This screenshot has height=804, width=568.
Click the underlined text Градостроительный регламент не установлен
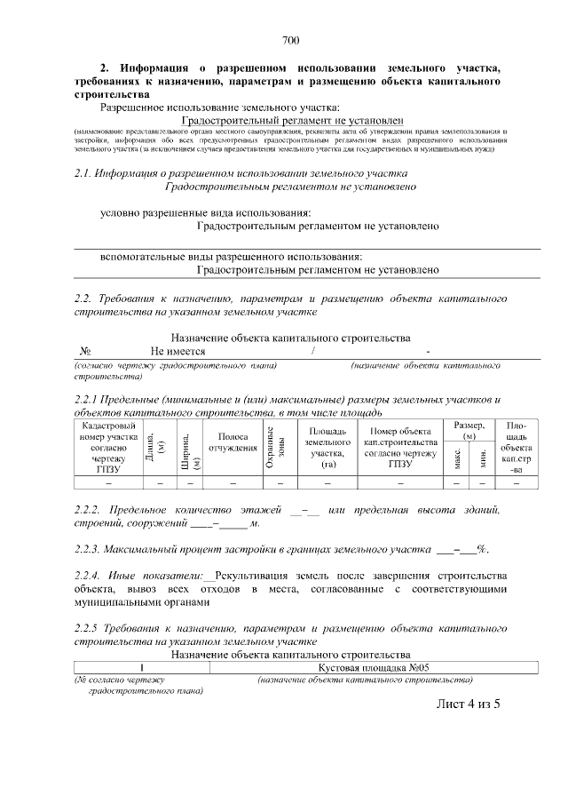(x=291, y=121)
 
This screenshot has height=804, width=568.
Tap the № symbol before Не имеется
(x=86, y=352)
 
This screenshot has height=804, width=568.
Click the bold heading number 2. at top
(x=104, y=68)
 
